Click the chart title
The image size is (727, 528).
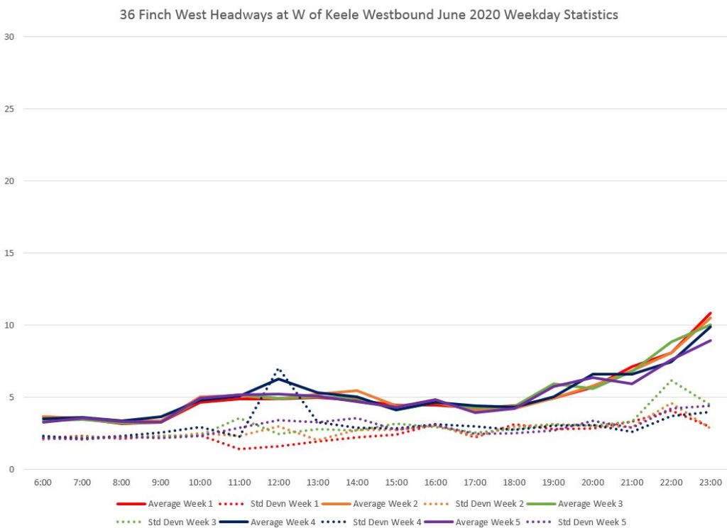(x=368, y=14)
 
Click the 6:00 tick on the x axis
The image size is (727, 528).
(x=43, y=483)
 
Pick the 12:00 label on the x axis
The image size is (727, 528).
(x=279, y=483)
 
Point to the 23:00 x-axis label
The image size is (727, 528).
(x=711, y=483)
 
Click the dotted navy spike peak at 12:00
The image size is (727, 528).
(x=278, y=369)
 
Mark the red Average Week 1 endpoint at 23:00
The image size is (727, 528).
(x=711, y=313)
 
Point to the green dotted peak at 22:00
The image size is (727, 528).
(x=671, y=380)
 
